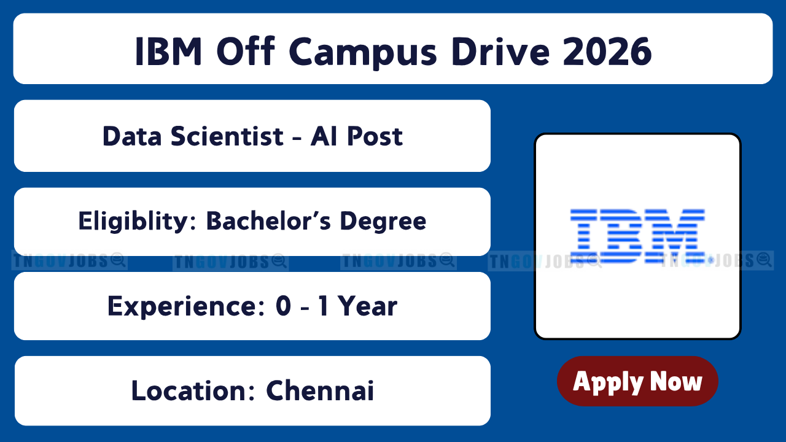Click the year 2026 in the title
pos(607,52)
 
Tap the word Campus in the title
pos(363,53)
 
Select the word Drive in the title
pos(500,52)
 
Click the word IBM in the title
pos(168,52)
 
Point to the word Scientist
pos(227,136)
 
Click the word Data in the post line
pos(132,136)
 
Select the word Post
pos(375,136)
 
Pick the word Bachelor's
pos(268,221)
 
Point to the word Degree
pos(383,222)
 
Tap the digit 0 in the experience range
pos(284,306)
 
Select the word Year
pos(367,306)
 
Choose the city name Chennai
pos(320,390)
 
